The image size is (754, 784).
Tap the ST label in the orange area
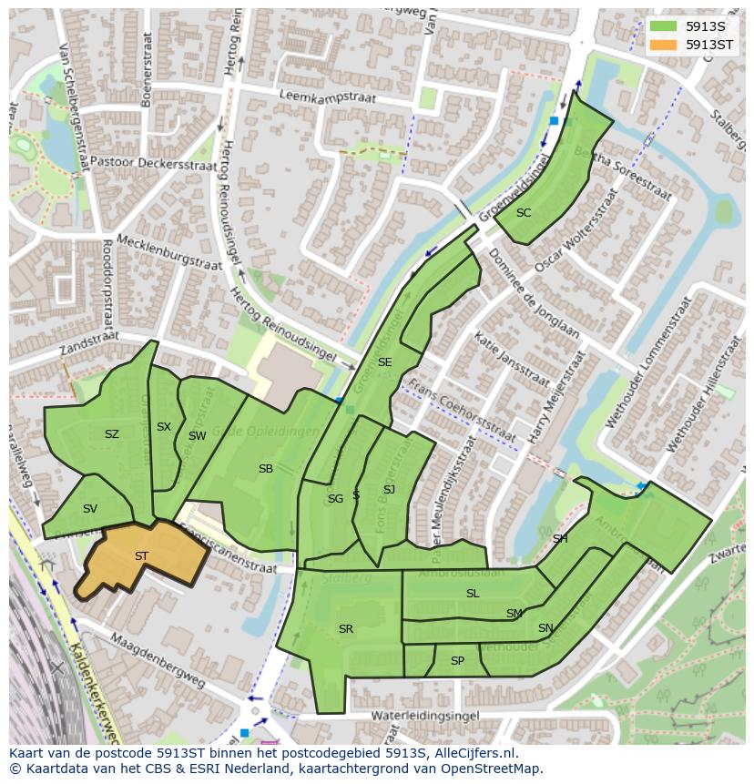tap(141, 556)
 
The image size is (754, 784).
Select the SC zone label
tap(524, 213)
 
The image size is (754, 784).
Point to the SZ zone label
tap(111, 434)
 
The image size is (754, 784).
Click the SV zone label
tap(89, 509)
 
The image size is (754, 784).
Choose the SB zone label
tap(265, 469)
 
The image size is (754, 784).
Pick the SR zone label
tap(345, 629)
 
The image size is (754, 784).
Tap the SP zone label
tap(457, 661)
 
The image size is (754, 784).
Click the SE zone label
tap(384, 362)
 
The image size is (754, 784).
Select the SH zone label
tap(559, 539)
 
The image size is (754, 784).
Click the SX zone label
tap(163, 427)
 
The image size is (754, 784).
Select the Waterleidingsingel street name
tap(401, 717)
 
